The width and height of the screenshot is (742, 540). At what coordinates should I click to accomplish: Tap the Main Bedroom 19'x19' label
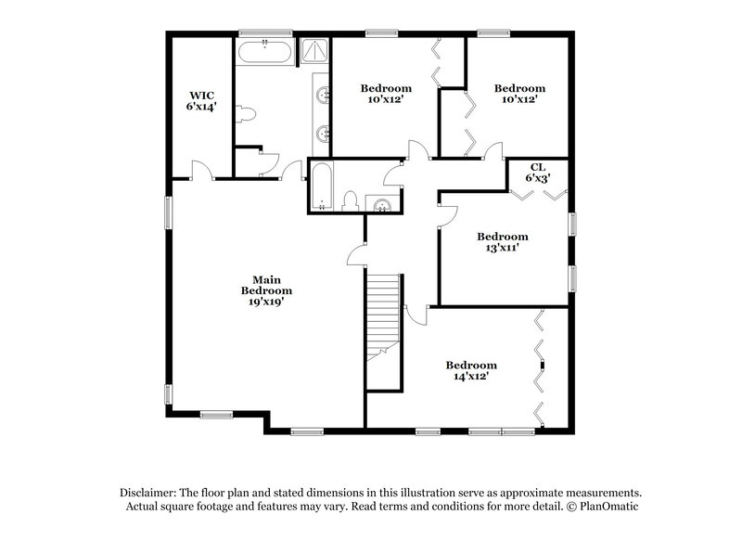click(266, 289)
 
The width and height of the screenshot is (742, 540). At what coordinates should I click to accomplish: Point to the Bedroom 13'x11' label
click(502, 242)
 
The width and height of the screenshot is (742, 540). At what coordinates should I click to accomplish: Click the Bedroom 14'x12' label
click(471, 371)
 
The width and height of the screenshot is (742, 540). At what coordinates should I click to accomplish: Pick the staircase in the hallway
click(383, 315)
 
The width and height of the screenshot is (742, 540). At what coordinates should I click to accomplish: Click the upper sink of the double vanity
click(322, 95)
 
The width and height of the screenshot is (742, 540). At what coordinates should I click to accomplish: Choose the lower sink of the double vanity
click(322, 133)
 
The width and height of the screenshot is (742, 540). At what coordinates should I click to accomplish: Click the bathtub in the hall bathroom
click(319, 186)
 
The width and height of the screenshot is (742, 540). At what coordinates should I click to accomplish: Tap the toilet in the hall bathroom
click(351, 200)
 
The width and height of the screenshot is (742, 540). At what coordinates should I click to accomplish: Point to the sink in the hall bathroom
click(381, 203)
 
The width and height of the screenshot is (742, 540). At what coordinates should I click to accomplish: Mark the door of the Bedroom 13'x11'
click(446, 212)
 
